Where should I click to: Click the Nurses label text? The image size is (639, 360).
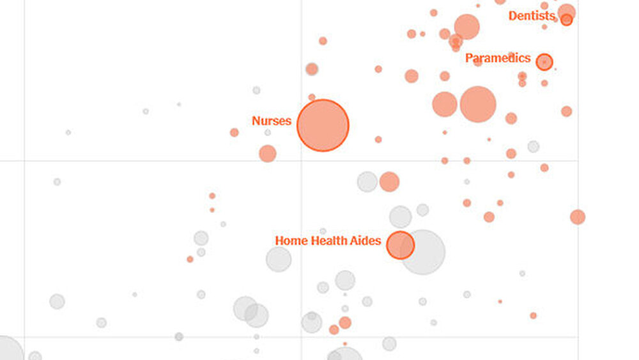tap(272, 121)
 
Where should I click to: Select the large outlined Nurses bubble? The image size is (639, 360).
tap(323, 125)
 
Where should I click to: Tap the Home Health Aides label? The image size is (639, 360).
tap(328, 241)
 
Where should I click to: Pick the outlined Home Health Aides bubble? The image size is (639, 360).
tap(401, 245)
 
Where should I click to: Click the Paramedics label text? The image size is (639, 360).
tap(498, 58)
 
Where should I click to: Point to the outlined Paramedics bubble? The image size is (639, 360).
tap(544, 62)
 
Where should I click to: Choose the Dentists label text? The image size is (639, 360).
tap(532, 16)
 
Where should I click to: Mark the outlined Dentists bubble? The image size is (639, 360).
tap(567, 20)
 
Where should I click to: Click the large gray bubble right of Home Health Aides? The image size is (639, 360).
tap(423, 252)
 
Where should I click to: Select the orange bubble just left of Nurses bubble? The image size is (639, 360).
tap(268, 153)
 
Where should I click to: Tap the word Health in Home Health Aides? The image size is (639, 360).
tap(332, 241)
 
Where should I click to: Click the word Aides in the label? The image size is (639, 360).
tap(367, 241)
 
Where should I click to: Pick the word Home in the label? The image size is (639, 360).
tap(291, 241)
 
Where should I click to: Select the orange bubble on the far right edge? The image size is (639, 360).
tap(578, 217)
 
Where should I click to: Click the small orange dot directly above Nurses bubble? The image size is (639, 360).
tap(312, 97)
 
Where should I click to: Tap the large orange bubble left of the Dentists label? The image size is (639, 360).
tap(467, 27)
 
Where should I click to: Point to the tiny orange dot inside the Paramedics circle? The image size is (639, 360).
tap(544, 62)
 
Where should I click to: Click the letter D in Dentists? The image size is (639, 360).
tap(512, 16)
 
